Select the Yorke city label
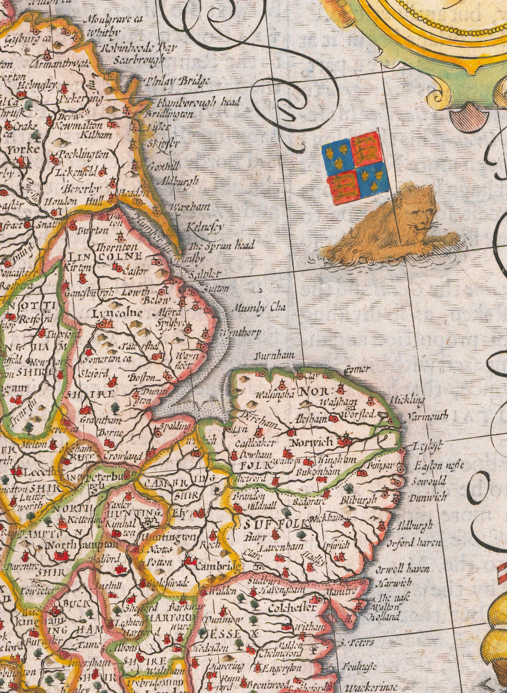(23, 150)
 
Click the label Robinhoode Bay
(139, 48)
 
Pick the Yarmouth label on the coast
(428, 417)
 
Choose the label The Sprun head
(222, 245)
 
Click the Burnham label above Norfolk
(275, 356)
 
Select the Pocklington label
(84, 155)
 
